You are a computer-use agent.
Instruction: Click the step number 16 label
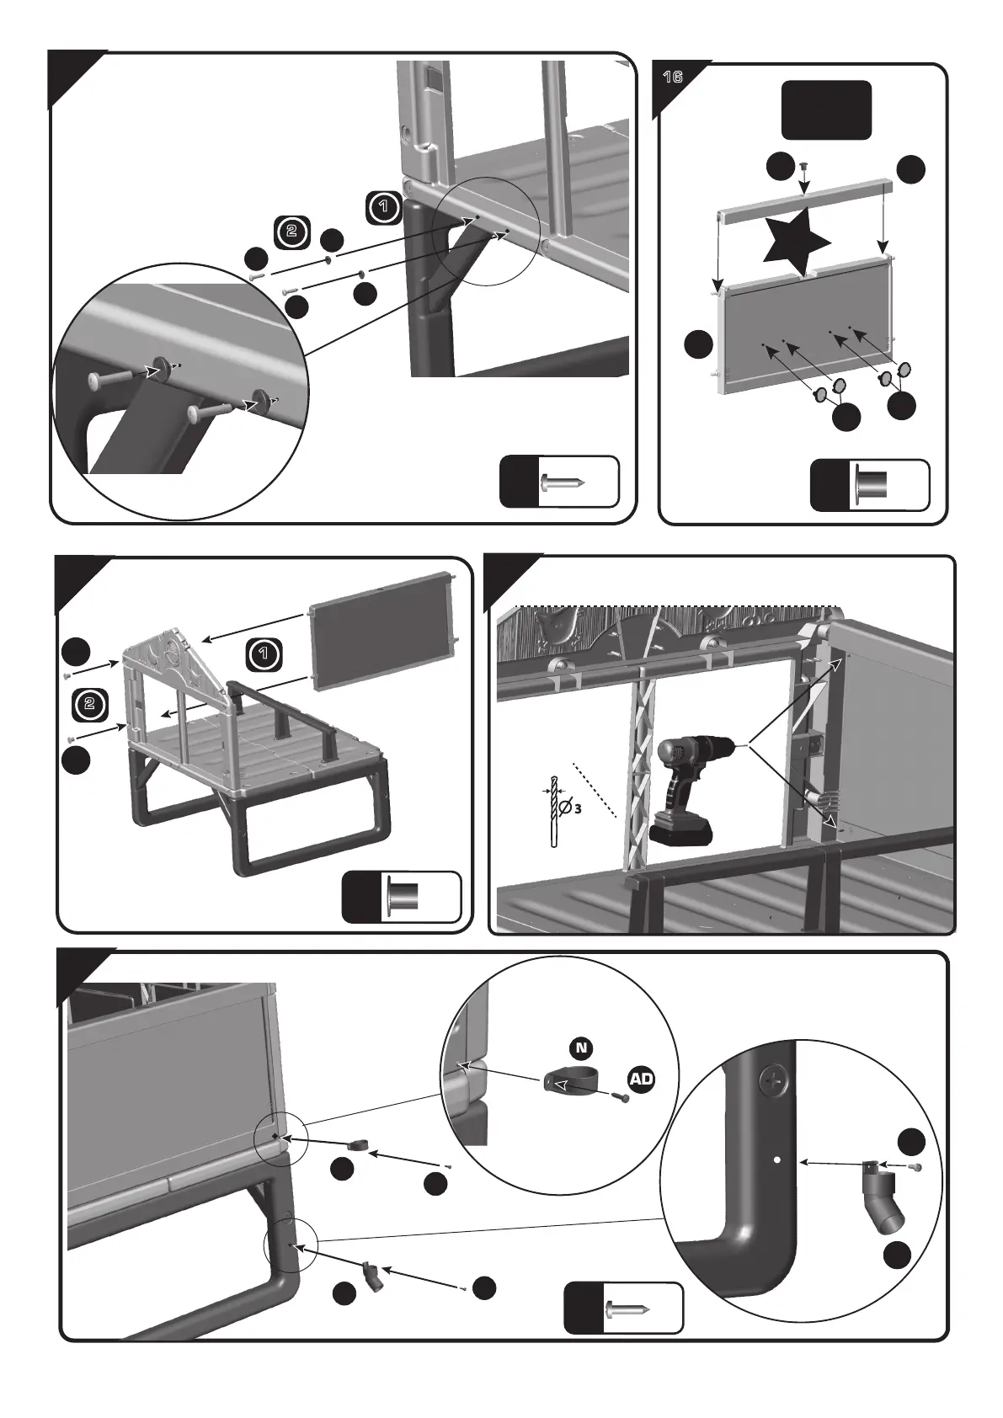point(672,77)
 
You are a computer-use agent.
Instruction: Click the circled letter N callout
point(580,1048)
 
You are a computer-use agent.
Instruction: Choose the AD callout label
point(640,1079)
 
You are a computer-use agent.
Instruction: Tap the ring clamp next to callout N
point(570,1084)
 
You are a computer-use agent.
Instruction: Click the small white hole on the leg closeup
point(776,1159)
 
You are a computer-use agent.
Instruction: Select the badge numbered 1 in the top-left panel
point(383,206)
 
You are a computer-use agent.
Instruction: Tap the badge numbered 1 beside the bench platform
point(264,653)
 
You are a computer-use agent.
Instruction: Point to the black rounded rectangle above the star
point(825,109)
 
